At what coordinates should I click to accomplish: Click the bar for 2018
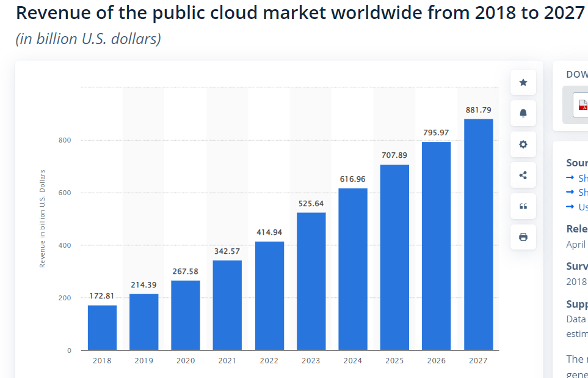pos(102,328)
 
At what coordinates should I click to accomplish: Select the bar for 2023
pos(311,281)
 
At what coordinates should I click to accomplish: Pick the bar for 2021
pos(227,305)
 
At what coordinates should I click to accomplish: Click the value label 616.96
pos(353,179)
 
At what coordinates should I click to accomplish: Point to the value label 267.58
pos(186,272)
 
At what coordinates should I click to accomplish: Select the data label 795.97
pos(437,133)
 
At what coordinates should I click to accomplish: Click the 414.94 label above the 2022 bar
pos(269,232)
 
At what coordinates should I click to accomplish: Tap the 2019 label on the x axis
pos(143,361)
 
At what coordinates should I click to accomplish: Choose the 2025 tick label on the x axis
pos(394,361)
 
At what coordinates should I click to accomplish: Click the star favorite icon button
pos(523,83)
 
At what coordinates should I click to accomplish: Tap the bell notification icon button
pos(523,113)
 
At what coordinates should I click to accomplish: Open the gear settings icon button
pos(523,144)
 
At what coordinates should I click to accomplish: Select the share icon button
pos(523,176)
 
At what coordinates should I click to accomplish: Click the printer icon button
pos(523,237)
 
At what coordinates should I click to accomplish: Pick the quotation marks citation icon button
pos(523,206)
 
